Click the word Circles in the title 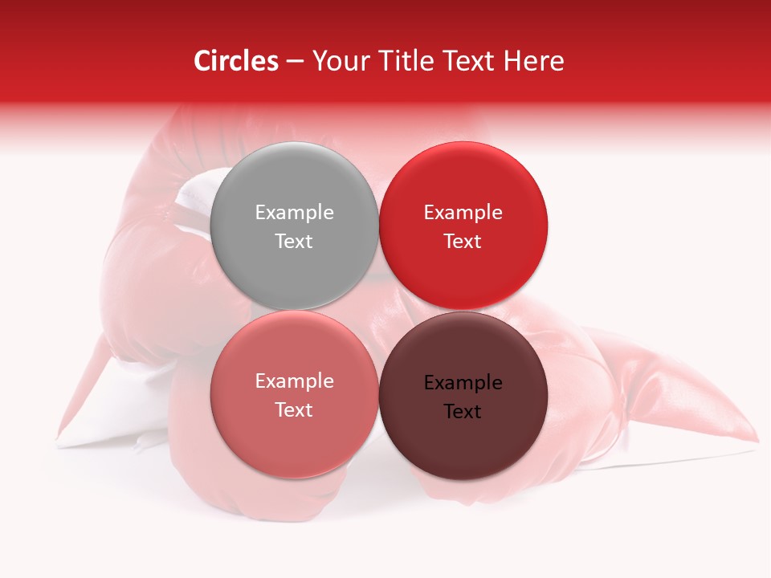(236, 62)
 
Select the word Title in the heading (412, 62)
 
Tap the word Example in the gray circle (294, 213)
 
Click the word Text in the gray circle (294, 241)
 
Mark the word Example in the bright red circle (463, 213)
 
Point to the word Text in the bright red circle (463, 241)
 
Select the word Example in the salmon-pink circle (294, 381)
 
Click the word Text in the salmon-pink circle (294, 409)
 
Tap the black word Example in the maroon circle (463, 383)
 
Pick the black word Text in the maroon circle (463, 411)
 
